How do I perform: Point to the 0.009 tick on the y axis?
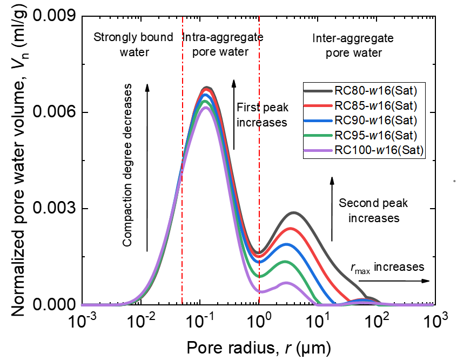point(52,17)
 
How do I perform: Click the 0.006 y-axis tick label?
point(52,113)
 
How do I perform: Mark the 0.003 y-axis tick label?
point(52,209)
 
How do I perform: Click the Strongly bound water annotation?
point(133,45)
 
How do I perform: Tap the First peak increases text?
point(261,115)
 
